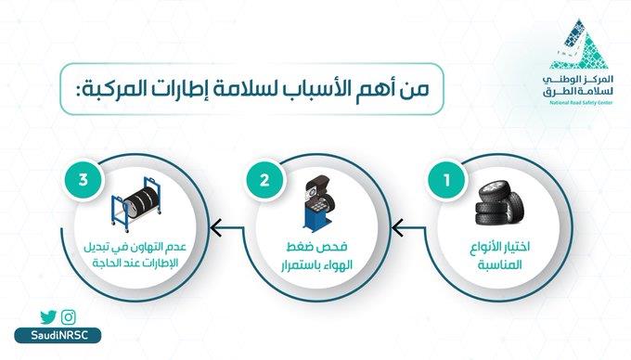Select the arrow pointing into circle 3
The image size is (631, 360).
point(219,224)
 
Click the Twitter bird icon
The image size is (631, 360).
point(49,317)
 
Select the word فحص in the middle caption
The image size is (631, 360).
point(329,250)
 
